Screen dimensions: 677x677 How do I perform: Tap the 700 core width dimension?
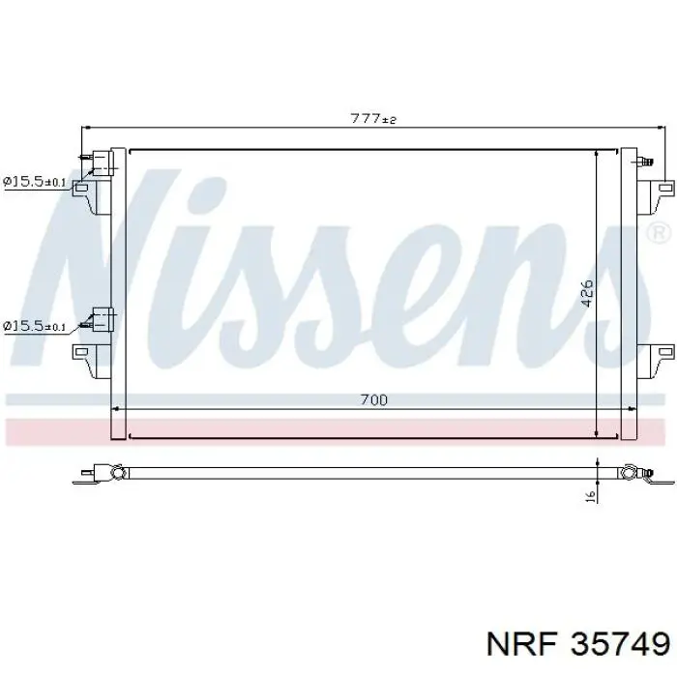click(372, 399)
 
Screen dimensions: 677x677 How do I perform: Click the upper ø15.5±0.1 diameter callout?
click(34, 181)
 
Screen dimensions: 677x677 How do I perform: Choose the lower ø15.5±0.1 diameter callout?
click(34, 326)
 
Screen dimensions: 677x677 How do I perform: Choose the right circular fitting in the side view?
click(630, 473)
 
